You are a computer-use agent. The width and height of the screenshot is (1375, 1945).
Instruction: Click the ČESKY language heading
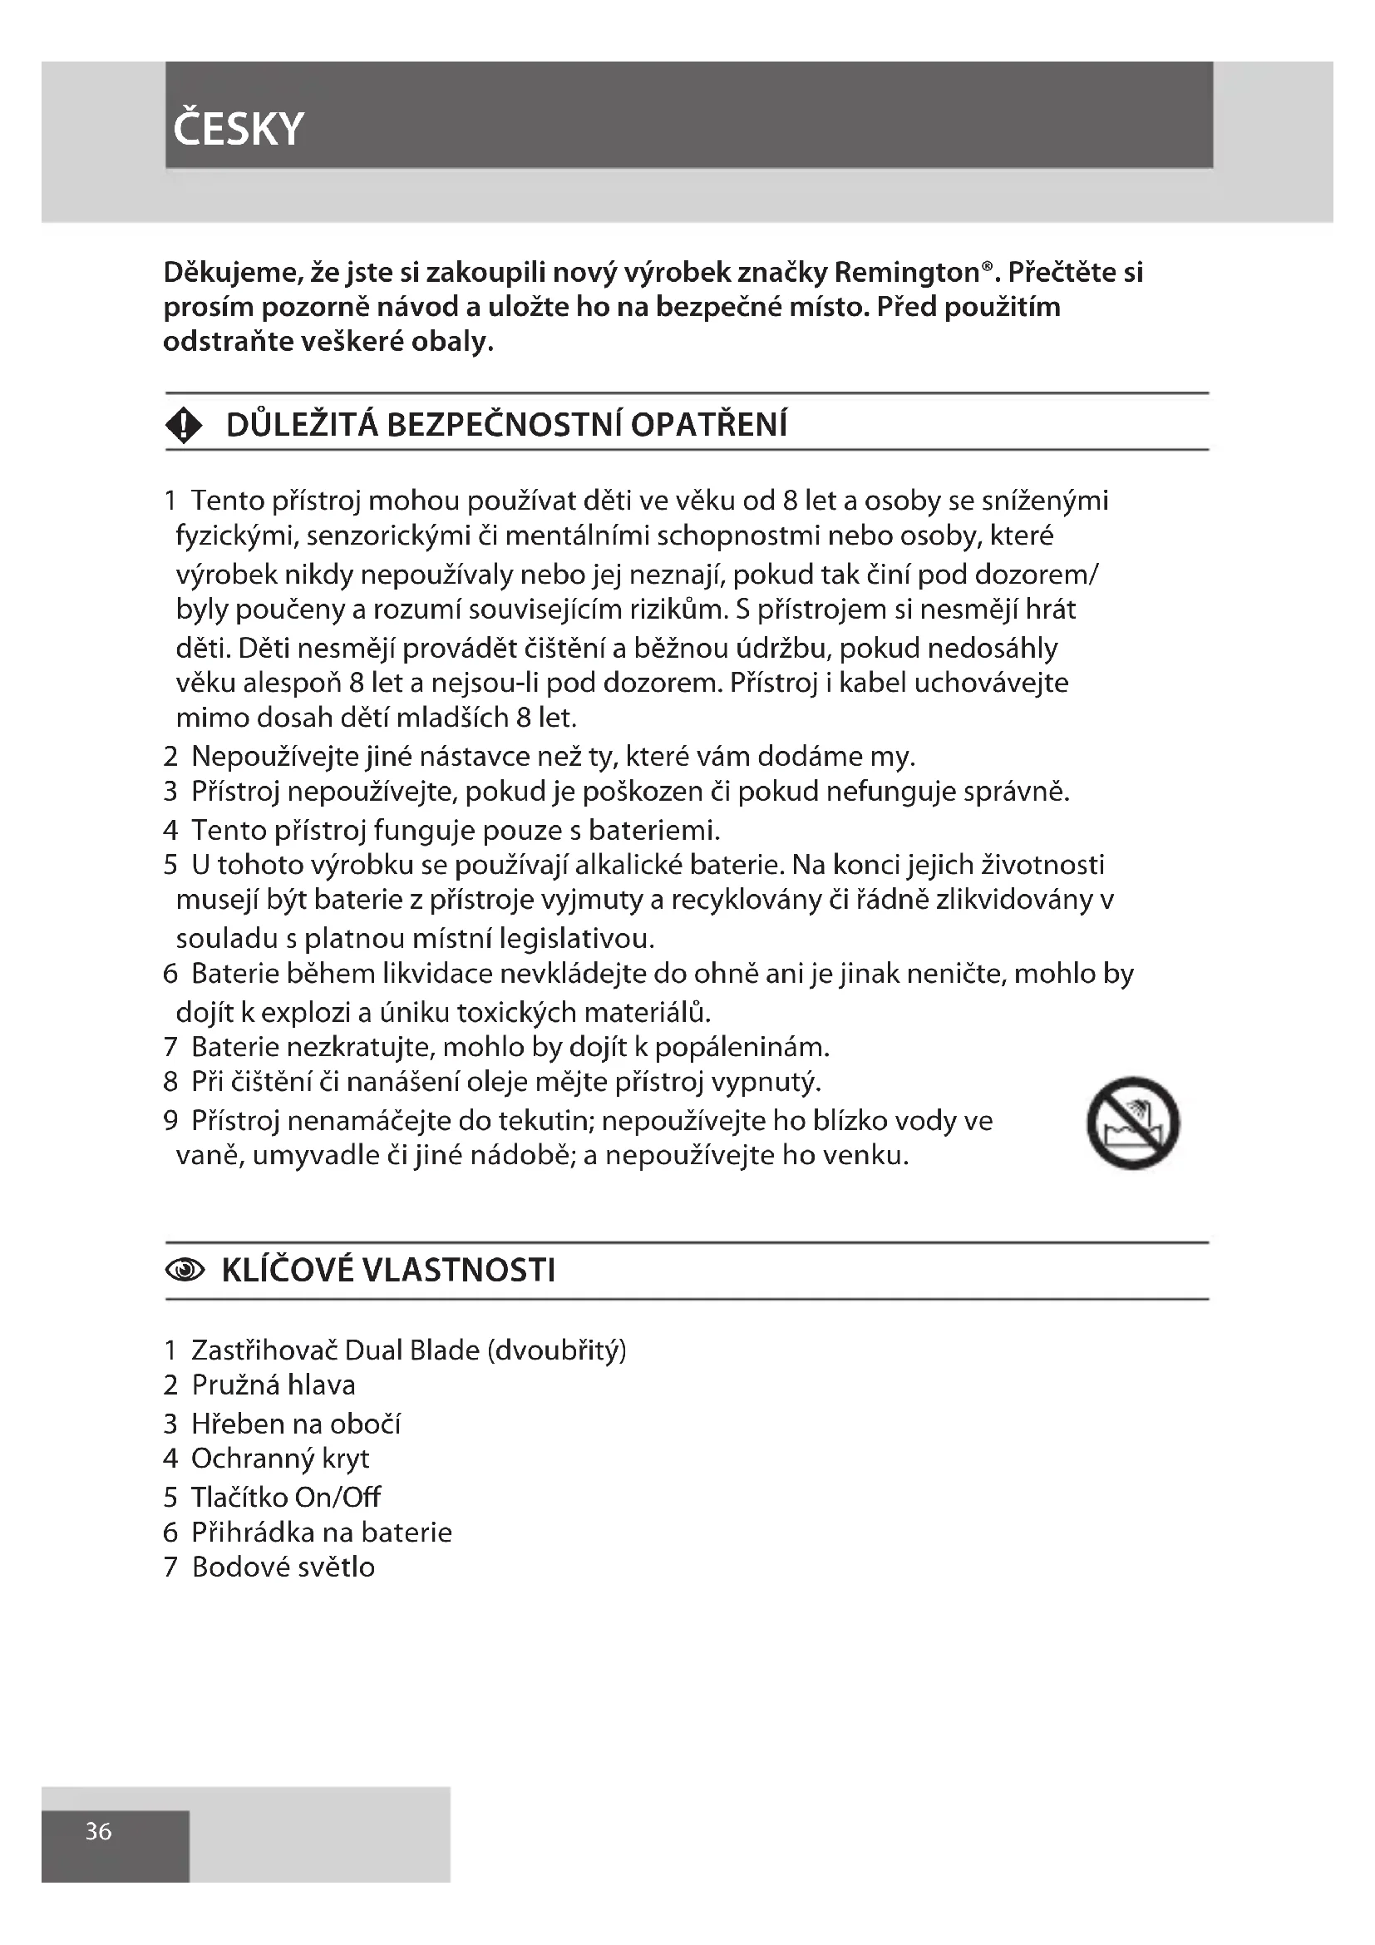[x=238, y=129]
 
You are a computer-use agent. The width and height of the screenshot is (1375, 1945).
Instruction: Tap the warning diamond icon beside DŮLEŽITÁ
[x=184, y=425]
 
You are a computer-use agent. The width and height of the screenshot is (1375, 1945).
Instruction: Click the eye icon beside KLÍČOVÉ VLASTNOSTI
[x=185, y=1270]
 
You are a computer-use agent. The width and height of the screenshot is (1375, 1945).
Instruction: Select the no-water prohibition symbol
[x=1133, y=1123]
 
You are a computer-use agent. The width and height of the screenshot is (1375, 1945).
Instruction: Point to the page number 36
[x=98, y=1831]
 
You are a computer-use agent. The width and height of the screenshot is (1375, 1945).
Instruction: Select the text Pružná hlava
[x=274, y=1385]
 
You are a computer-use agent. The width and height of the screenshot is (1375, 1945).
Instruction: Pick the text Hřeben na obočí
[x=295, y=1424]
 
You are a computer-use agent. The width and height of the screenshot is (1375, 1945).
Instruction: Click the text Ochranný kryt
[x=280, y=1459]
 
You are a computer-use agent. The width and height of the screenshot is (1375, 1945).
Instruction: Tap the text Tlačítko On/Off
[x=285, y=1498]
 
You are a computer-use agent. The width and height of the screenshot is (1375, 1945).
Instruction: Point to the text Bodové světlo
[x=283, y=1567]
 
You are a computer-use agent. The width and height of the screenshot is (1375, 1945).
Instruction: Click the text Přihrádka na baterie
[x=321, y=1533]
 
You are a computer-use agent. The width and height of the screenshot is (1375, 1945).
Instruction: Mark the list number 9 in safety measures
[x=170, y=1121]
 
